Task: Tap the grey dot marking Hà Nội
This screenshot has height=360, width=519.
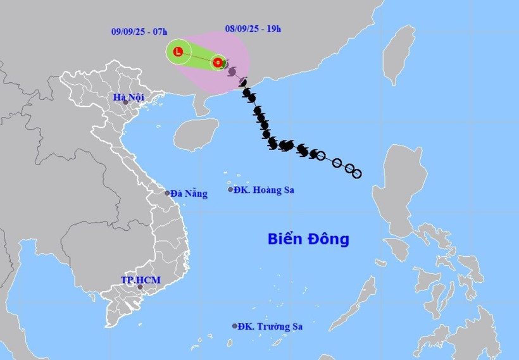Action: coord(125,102)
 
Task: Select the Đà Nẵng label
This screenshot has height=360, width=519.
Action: coord(189,194)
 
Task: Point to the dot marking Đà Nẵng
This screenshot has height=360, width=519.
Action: coord(167,193)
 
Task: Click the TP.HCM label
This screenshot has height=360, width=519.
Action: coord(141,280)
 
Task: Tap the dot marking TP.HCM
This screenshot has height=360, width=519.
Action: coord(141,288)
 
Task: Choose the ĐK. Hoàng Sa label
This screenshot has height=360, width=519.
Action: coord(264,190)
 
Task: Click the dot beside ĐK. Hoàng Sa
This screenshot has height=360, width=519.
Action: coord(230,189)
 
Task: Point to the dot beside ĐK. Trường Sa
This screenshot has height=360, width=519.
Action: coord(235,326)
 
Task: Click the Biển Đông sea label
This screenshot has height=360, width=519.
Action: coord(308,239)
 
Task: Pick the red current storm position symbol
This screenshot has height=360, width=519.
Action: coord(218,63)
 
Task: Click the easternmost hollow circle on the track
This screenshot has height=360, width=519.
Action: coord(357,173)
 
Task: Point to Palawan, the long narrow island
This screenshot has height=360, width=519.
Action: coord(361,299)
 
